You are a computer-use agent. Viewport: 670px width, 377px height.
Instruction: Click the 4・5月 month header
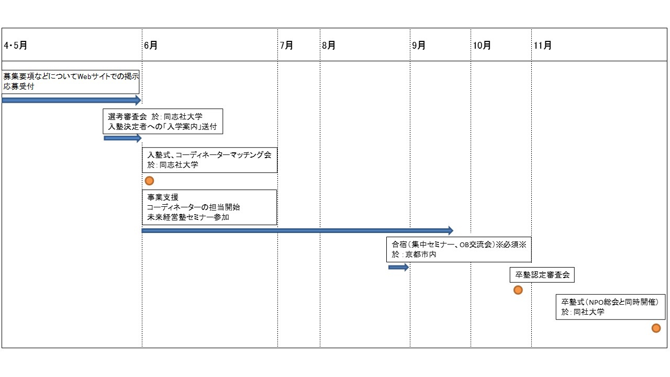(x=16, y=46)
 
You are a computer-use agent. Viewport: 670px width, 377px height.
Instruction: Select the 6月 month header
(x=151, y=46)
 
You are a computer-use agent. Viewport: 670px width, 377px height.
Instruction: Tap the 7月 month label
(x=286, y=46)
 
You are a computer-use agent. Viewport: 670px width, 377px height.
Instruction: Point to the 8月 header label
(x=328, y=46)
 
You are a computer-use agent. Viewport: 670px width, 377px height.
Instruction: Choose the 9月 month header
(x=419, y=46)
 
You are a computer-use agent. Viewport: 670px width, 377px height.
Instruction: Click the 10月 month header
(x=482, y=46)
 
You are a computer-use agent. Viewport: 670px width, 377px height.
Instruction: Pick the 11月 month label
(x=543, y=46)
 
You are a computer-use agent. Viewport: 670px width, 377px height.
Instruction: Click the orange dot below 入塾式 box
(x=149, y=181)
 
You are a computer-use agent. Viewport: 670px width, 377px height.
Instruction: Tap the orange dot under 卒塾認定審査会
(x=518, y=290)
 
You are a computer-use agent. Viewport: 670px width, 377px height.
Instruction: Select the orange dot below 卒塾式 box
(x=656, y=328)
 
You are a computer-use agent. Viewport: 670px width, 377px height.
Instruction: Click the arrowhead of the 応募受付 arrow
(x=138, y=100)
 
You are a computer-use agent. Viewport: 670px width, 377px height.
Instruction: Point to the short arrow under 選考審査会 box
(x=122, y=138)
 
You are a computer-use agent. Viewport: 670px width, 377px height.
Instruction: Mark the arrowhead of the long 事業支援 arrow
(x=451, y=230)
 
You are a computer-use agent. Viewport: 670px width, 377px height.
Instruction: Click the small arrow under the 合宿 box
(x=398, y=267)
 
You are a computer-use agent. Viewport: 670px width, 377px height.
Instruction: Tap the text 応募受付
(x=19, y=86)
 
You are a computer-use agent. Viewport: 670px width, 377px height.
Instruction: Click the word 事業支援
(x=163, y=197)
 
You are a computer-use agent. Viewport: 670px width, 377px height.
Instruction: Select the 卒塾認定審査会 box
(x=542, y=275)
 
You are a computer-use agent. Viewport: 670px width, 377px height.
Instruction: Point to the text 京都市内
(x=420, y=254)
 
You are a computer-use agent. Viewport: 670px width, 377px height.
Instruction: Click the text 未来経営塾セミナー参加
(x=188, y=217)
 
